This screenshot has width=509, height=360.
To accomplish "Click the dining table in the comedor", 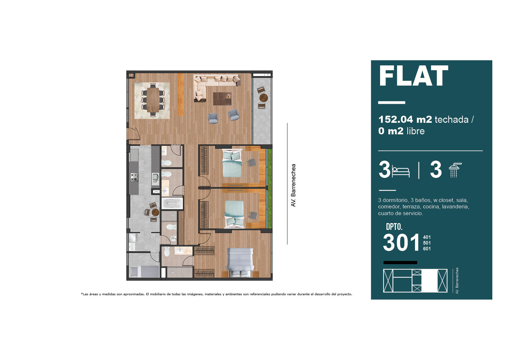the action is (153, 100).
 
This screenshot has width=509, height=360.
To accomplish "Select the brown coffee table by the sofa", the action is (222, 99).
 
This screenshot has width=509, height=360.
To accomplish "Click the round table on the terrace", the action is (264, 98).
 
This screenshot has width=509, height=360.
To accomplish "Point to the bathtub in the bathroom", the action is (172, 203).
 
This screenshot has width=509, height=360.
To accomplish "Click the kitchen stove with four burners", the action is (134, 177).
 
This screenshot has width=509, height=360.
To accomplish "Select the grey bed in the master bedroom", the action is (240, 262).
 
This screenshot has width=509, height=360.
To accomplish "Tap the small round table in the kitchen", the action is (155, 212).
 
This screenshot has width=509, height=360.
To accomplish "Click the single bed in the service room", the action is (144, 272).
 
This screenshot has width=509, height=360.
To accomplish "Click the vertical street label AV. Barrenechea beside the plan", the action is (293, 185).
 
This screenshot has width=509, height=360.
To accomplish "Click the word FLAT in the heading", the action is (413, 76).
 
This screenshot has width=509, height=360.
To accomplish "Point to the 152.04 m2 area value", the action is (405, 120).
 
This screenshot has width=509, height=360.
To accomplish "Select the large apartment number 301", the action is (401, 243).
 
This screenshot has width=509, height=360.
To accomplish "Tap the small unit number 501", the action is (427, 243).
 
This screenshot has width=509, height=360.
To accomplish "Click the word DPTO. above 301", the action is (394, 227).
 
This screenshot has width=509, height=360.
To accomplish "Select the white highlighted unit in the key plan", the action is (429, 281).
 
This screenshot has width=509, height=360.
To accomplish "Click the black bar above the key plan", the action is (400, 263).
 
